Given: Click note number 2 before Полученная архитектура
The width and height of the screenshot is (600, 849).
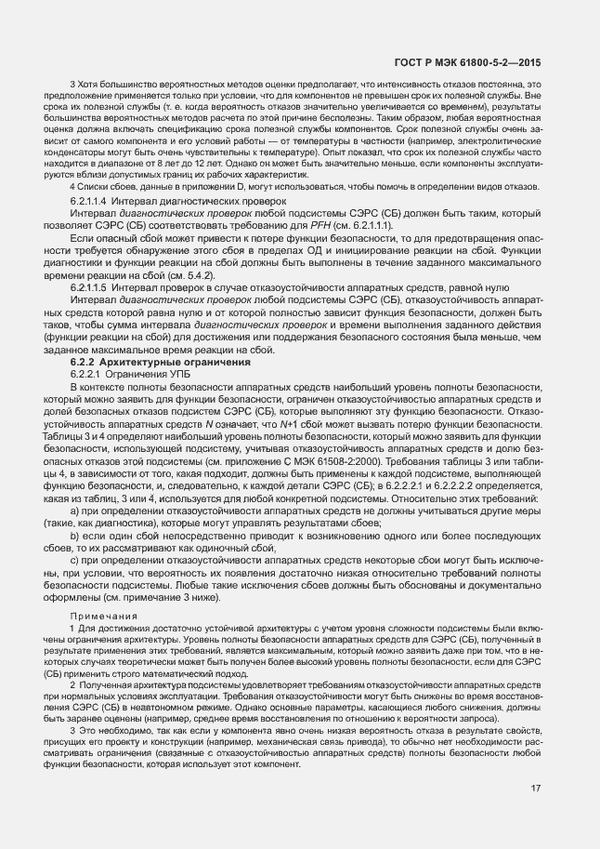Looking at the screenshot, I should [72, 684].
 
